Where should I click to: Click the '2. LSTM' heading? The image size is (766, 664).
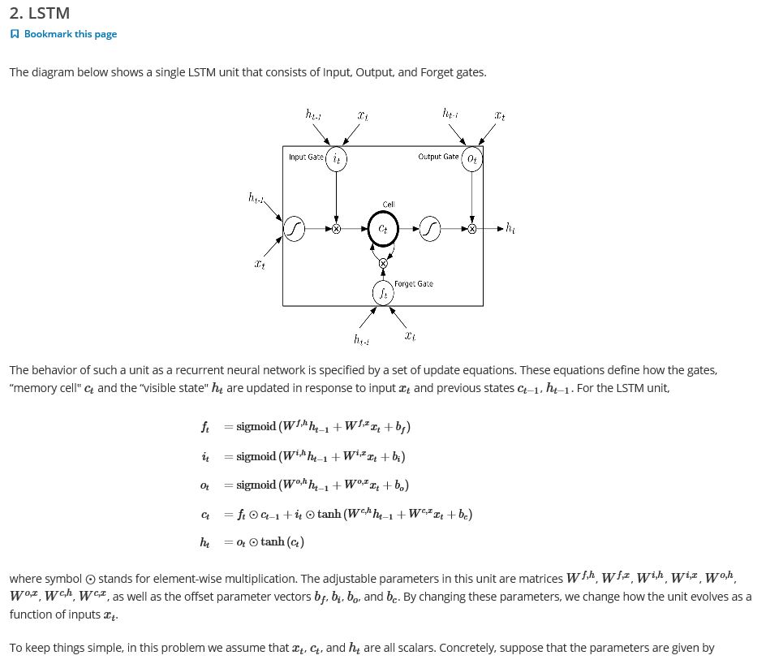tap(39, 13)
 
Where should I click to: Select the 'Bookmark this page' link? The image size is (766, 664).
tap(70, 34)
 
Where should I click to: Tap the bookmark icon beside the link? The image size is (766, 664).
tap(14, 34)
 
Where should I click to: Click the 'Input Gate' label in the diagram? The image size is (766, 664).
tap(305, 157)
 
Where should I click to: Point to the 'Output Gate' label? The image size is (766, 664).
tap(438, 157)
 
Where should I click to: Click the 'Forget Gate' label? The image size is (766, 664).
tap(414, 284)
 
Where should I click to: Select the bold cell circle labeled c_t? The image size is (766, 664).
tap(383, 229)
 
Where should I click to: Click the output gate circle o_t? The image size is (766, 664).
tap(472, 159)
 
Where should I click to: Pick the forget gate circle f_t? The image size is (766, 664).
tap(383, 293)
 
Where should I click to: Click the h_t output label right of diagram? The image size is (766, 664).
tap(510, 228)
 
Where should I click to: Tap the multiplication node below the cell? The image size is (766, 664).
tap(383, 263)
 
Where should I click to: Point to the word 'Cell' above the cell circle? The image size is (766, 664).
tap(389, 205)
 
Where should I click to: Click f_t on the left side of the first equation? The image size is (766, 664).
tap(204, 427)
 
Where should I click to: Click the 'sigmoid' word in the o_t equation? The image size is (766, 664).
tap(256, 485)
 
